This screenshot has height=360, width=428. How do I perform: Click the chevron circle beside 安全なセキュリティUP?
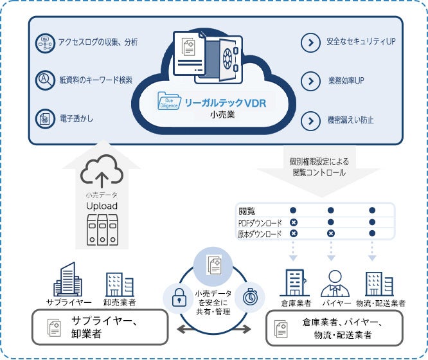(x=310, y=44)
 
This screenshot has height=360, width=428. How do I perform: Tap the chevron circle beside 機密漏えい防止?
(x=310, y=120)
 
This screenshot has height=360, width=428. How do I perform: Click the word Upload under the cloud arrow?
(x=102, y=206)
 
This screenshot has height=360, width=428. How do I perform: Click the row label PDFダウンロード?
(x=260, y=222)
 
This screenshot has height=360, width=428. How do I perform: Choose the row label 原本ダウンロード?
(x=260, y=234)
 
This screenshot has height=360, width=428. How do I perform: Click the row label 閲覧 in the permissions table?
(x=247, y=210)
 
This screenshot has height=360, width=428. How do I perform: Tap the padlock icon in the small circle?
(x=177, y=296)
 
